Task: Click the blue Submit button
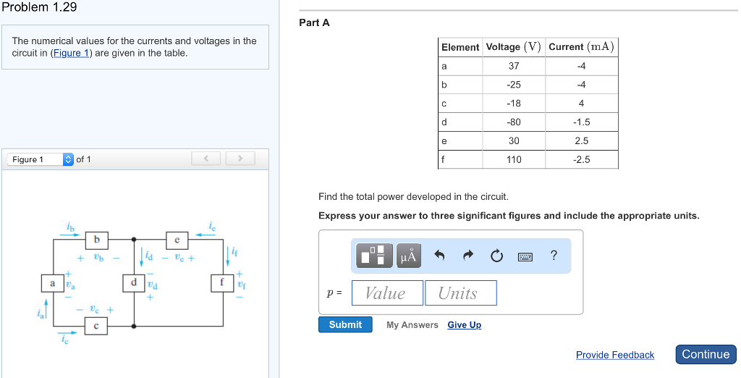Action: tap(345, 324)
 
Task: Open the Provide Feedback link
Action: tap(614, 355)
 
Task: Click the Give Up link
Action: tap(464, 325)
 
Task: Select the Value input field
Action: tap(385, 293)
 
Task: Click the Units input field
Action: tap(460, 293)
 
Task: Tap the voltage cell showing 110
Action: tap(514, 159)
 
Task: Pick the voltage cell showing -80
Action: tap(514, 122)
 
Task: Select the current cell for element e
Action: tap(582, 140)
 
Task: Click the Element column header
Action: tap(460, 47)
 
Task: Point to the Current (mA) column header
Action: tap(581, 47)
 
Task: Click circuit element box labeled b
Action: tap(97, 238)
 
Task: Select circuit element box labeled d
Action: tap(134, 282)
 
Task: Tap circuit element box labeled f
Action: tap(222, 282)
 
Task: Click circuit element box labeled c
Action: tap(97, 327)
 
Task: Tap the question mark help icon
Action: tap(554, 255)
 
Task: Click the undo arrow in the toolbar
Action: tap(439, 256)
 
